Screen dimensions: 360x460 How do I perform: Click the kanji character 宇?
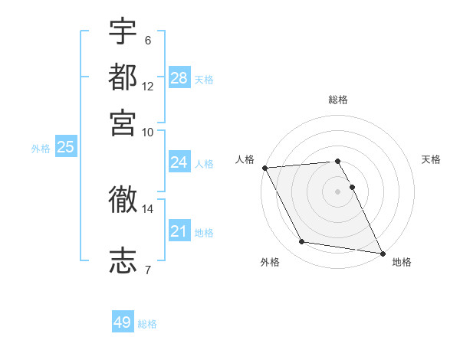click(x=123, y=31)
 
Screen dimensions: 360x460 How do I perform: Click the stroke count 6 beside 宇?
click(x=147, y=40)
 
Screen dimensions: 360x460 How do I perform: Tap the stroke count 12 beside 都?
click(x=148, y=86)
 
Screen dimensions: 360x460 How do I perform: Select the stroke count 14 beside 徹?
click(x=148, y=208)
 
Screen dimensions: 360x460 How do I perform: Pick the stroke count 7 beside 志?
click(x=147, y=269)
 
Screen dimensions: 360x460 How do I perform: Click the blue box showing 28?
click(x=179, y=78)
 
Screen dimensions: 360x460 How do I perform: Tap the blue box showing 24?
click(x=179, y=162)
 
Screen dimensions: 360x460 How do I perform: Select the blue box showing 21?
click(x=179, y=231)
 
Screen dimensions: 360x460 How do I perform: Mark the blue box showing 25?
click(x=65, y=147)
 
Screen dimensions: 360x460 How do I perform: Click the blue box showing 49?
click(x=122, y=322)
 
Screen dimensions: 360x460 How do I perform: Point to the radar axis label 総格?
click(x=338, y=100)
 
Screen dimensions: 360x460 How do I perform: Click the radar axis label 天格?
click(x=432, y=159)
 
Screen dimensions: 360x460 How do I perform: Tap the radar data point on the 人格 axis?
click(x=264, y=168)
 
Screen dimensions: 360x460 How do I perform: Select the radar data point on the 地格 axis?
click(x=382, y=252)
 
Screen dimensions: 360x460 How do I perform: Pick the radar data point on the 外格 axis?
click(x=302, y=242)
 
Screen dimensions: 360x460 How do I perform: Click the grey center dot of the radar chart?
click(x=338, y=191)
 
